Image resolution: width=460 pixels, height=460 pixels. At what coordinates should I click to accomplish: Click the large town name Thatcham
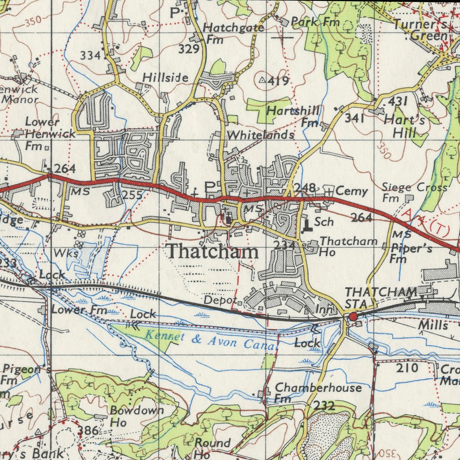[212, 252]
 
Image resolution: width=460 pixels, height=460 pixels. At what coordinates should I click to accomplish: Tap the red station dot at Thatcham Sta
[353, 317]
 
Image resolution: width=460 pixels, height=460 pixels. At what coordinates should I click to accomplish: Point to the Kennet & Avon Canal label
[210, 340]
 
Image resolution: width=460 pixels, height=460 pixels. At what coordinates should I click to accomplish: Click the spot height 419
[279, 82]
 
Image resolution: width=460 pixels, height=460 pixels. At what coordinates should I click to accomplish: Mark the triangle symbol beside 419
[263, 80]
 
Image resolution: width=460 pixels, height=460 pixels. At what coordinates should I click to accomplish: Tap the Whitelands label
[261, 135]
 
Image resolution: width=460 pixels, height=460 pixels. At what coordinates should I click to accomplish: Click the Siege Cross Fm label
[413, 192]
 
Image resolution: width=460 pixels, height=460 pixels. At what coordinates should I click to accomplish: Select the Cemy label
[352, 191]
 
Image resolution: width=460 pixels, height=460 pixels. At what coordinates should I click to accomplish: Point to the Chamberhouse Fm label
[317, 392]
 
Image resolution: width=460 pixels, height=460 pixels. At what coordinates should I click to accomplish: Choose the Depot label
[220, 300]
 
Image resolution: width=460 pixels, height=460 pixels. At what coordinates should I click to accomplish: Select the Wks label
[66, 254]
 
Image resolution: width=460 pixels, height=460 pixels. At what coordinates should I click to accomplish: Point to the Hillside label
[165, 78]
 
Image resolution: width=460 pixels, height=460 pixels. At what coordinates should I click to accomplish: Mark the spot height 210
[407, 368]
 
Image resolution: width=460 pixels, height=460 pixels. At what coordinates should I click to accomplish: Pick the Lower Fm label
[79, 309]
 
